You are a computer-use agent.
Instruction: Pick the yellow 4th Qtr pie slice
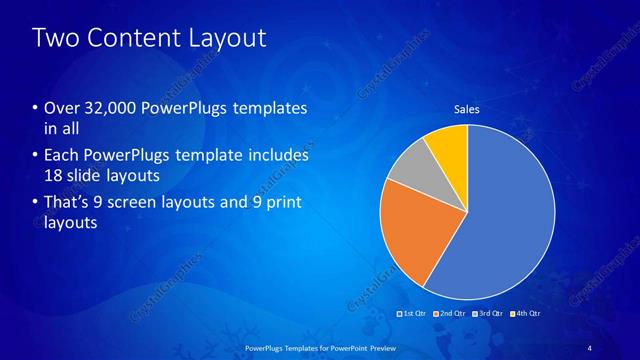pos(448,145)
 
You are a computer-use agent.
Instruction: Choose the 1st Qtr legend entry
pos(413,314)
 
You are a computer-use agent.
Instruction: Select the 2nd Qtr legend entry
pos(449,314)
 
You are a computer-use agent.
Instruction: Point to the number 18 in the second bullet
pos(54,175)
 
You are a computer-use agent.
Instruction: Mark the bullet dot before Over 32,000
pos(36,108)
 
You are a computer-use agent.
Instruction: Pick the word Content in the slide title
pos(136,39)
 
